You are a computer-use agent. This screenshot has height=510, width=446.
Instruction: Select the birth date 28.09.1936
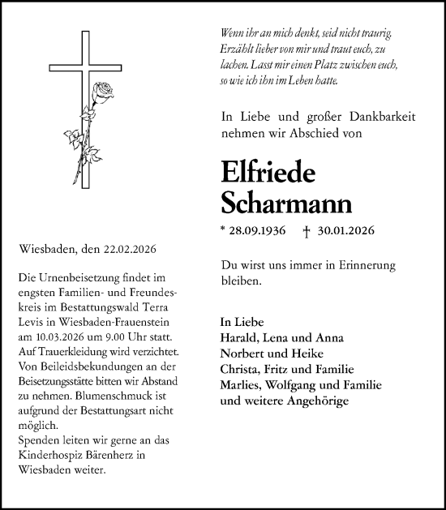tap(257, 231)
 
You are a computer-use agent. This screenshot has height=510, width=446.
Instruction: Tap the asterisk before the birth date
tap(222, 229)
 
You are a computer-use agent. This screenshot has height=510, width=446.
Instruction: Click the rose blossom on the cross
tap(103, 90)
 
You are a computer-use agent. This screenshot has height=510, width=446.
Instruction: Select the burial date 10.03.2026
tap(56, 336)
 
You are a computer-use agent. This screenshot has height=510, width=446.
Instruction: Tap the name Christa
tap(239, 370)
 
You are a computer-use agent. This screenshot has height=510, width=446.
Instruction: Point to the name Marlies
tap(241, 385)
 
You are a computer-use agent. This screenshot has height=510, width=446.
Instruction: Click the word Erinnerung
tap(383, 265)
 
